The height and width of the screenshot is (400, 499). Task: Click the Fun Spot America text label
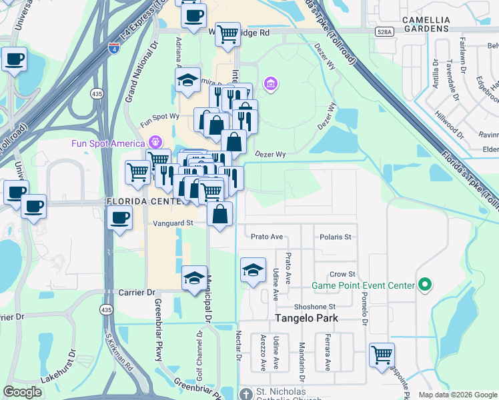pyautogui.click(x=108, y=143)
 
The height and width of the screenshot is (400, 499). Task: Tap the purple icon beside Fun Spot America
pyautogui.click(x=155, y=143)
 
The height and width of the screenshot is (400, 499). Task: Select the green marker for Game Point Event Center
pyautogui.click(x=424, y=285)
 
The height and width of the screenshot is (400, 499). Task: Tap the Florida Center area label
pyautogui.click(x=140, y=201)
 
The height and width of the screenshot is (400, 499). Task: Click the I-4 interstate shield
pyautogui.click(x=114, y=48)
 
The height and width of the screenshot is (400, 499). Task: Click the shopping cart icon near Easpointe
pyautogui.click(x=382, y=355)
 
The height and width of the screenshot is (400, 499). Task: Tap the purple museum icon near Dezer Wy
pyautogui.click(x=271, y=84)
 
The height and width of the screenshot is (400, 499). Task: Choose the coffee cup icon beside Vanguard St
pyautogui.click(x=119, y=218)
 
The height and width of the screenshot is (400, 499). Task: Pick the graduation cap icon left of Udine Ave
pyautogui.click(x=253, y=270)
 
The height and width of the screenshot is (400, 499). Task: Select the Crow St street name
pyautogui.click(x=342, y=275)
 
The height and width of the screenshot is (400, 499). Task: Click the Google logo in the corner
pyautogui.click(x=22, y=392)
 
